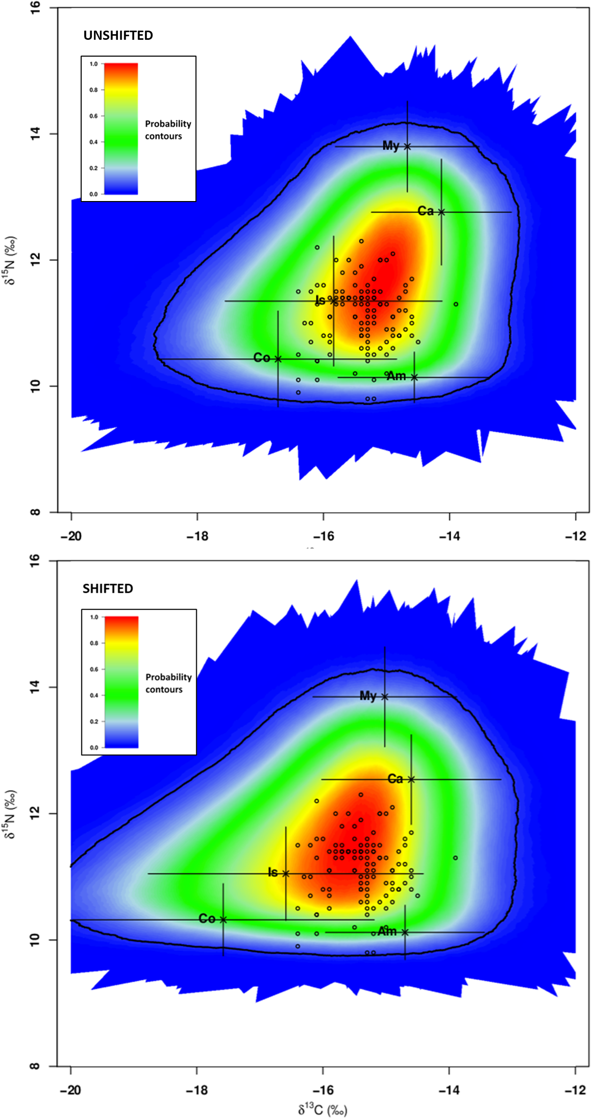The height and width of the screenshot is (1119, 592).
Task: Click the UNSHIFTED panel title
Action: (x=118, y=35)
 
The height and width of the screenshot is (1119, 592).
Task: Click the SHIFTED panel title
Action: (x=108, y=588)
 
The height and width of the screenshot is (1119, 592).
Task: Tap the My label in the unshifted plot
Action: (x=390, y=146)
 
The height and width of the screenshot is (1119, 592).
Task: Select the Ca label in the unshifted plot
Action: (x=425, y=211)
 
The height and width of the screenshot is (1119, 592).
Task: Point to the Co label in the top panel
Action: (x=261, y=358)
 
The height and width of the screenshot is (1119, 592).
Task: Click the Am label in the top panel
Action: (x=397, y=377)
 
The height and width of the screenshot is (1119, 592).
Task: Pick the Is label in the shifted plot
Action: (x=273, y=872)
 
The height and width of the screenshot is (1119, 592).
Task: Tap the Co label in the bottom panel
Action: (x=207, y=918)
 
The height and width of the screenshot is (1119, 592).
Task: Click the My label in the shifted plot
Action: (x=367, y=695)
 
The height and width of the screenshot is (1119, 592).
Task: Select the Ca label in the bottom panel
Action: (x=395, y=779)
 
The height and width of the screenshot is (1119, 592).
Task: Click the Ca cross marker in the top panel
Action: (x=441, y=212)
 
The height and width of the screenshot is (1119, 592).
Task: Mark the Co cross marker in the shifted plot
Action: (x=223, y=919)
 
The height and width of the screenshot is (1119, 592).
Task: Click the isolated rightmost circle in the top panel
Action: (x=456, y=304)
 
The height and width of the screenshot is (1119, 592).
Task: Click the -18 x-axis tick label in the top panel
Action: (x=197, y=536)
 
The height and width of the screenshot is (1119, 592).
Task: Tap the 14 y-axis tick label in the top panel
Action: (x=35, y=134)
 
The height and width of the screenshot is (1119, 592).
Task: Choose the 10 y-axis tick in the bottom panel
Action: (x=34, y=939)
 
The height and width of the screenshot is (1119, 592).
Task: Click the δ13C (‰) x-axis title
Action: (x=323, y=1110)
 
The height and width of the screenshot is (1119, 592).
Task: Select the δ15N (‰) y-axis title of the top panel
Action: (x=10, y=260)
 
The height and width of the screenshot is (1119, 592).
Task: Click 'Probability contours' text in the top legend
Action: (x=167, y=130)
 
